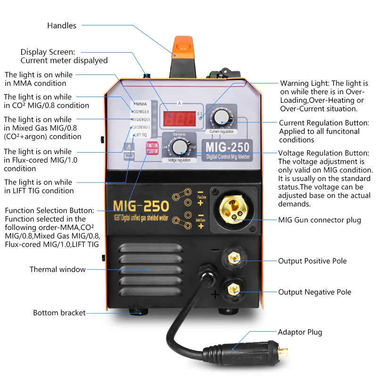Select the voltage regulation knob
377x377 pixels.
point(179,148)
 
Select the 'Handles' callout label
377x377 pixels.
point(61,25)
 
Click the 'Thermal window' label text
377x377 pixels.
point(57,270)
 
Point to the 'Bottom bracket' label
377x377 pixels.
point(59,313)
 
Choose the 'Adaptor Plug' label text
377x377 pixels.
point(300,332)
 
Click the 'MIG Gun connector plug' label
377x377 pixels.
point(320,220)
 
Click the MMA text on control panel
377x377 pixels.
point(141,104)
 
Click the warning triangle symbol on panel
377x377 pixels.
point(127,148)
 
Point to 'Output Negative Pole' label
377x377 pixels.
point(314,292)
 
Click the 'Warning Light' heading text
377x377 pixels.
point(303,83)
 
